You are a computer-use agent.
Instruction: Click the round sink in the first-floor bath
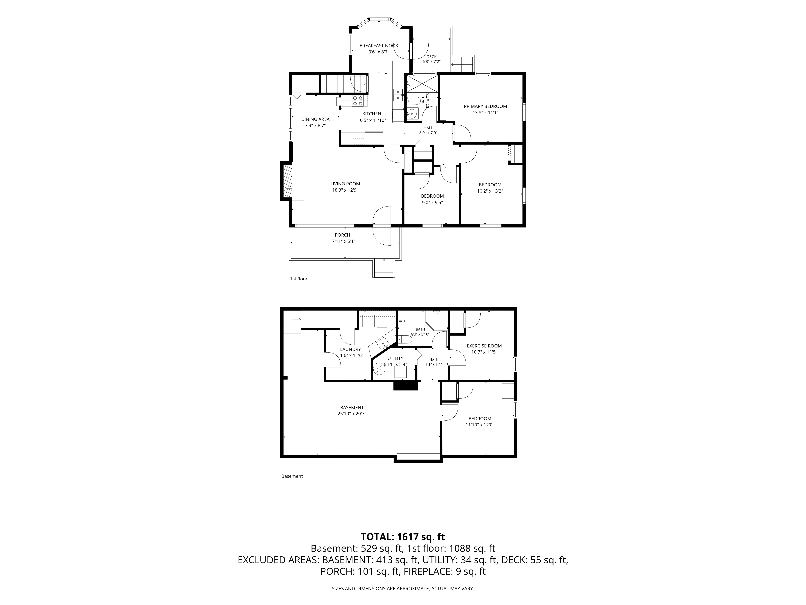pyautogui.click(x=412, y=114)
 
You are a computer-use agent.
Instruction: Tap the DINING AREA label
pyautogui.click(x=315, y=119)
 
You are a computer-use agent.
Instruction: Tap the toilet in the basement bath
pyautogui.click(x=404, y=340)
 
